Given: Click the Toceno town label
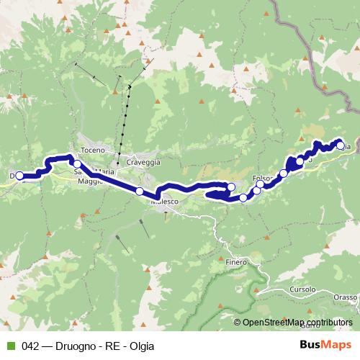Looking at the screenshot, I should [x=94, y=150].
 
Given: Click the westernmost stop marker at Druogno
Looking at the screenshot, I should [x=20, y=176].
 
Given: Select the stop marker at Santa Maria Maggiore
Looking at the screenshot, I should [x=77, y=164].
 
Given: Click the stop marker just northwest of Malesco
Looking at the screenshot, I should [x=139, y=192].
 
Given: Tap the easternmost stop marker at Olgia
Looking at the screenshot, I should [x=340, y=145].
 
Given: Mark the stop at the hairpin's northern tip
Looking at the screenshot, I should [x=231, y=188].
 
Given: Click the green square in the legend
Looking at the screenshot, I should [x=9, y=346].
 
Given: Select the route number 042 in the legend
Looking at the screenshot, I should [x=30, y=346].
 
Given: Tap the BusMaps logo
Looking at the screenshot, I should [x=323, y=345].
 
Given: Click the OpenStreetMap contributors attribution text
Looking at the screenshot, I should [x=297, y=323].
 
